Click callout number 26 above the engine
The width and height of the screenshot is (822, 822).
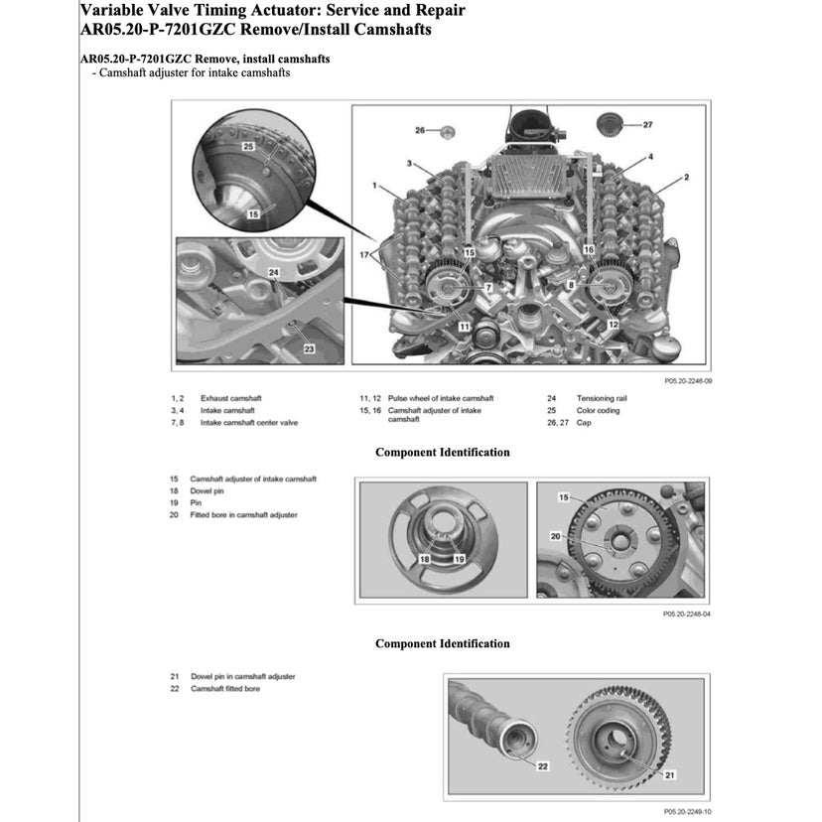pos(421,130)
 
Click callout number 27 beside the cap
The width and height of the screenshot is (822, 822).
pos(647,125)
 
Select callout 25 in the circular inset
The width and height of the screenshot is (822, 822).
pos(248,146)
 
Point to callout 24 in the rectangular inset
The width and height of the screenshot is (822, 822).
pos(273,271)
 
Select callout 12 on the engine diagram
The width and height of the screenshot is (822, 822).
pos(613,324)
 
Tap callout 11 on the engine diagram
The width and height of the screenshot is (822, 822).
pos(464,326)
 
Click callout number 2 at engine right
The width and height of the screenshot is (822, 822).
pos(686,177)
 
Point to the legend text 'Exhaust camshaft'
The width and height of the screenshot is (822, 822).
pos(231,399)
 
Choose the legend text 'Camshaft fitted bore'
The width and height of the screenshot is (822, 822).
pos(225,688)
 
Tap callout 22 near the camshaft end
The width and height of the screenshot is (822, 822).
pos(542,766)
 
